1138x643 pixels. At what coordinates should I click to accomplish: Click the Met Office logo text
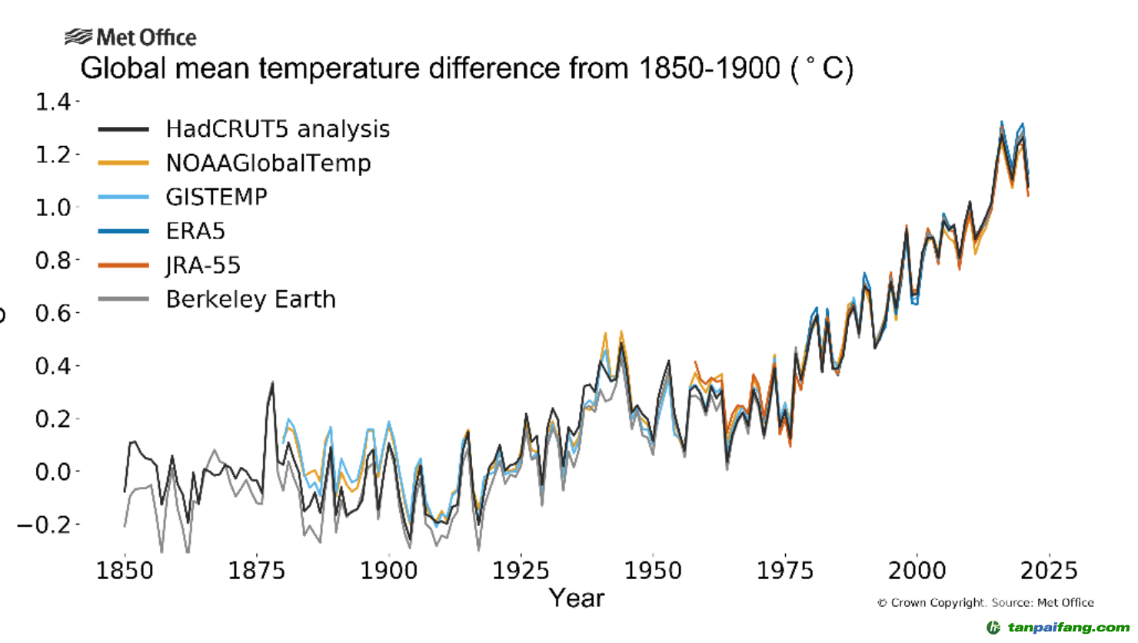pos(146,37)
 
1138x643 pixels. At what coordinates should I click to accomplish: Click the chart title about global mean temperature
pos(467,68)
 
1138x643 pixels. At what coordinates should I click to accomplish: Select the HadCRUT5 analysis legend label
pos(278,129)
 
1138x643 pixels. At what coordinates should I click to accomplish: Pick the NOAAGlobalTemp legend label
pos(268,163)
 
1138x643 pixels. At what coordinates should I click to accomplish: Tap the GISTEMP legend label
pos(217,197)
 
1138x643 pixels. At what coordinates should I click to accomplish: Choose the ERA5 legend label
pos(195,231)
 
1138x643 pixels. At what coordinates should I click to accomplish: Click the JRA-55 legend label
pos(203,265)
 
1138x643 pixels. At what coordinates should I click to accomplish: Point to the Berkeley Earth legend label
pos(251,299)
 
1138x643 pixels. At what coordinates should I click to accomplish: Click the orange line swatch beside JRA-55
pos(123,265)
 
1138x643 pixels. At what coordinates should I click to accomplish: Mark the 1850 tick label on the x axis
pos(125,571)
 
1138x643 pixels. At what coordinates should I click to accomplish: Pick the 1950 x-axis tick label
pos(653,571)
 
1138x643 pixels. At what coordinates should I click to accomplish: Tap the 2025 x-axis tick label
pos(1049,571)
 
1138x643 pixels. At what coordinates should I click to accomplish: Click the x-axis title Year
pos(577,598)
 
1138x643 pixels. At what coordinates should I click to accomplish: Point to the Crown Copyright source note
pos(985,603)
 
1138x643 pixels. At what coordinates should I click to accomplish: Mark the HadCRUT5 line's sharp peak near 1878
pos(272,382)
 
